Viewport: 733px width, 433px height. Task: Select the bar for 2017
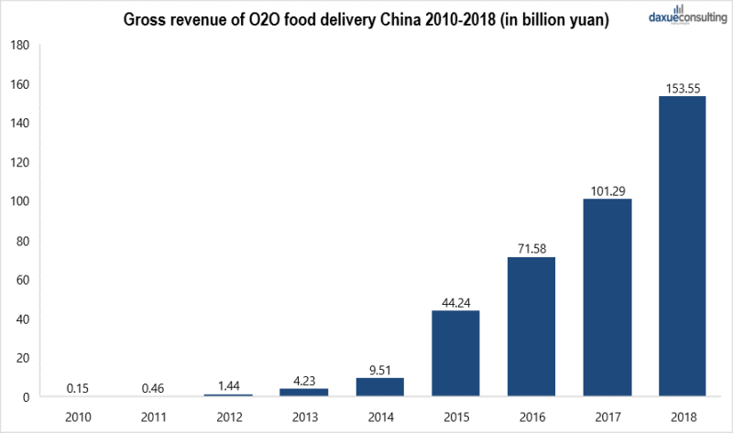(x=607, y=298)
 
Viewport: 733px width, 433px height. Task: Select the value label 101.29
(x=607, y=190)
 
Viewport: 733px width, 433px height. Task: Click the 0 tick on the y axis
(x=27, y=397)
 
